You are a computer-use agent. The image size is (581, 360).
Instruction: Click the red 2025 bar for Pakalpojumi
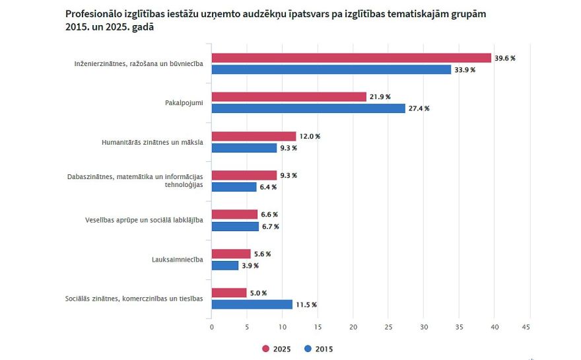[x=289, y=97]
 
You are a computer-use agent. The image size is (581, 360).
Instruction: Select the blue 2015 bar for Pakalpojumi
[x=308, y=108]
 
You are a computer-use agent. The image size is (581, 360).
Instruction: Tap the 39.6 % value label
[x=505, y=58]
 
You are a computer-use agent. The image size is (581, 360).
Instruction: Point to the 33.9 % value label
[x=465, y=69]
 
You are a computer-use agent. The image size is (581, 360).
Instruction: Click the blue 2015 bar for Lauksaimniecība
[x=225, y=266]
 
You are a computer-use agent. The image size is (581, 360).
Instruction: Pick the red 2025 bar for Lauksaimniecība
[x=231, y=254]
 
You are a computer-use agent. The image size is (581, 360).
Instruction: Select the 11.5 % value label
[x=306, y=305]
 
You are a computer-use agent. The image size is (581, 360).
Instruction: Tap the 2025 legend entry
[x=277, y=349]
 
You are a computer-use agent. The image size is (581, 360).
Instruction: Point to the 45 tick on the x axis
[x=526, y=327]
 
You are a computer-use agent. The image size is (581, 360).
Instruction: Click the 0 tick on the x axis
[x=211, y=327]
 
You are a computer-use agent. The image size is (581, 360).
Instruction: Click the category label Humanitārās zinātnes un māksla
[x=152, y=142]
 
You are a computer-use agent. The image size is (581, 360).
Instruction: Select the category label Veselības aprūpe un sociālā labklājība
[x=144, y=219]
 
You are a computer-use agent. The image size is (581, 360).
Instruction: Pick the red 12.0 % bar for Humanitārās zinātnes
[x=254, y=136]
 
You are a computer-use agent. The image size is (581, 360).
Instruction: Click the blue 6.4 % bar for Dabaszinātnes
[x=234, y=187]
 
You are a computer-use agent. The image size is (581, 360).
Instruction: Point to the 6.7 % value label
[x=270, y=227]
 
